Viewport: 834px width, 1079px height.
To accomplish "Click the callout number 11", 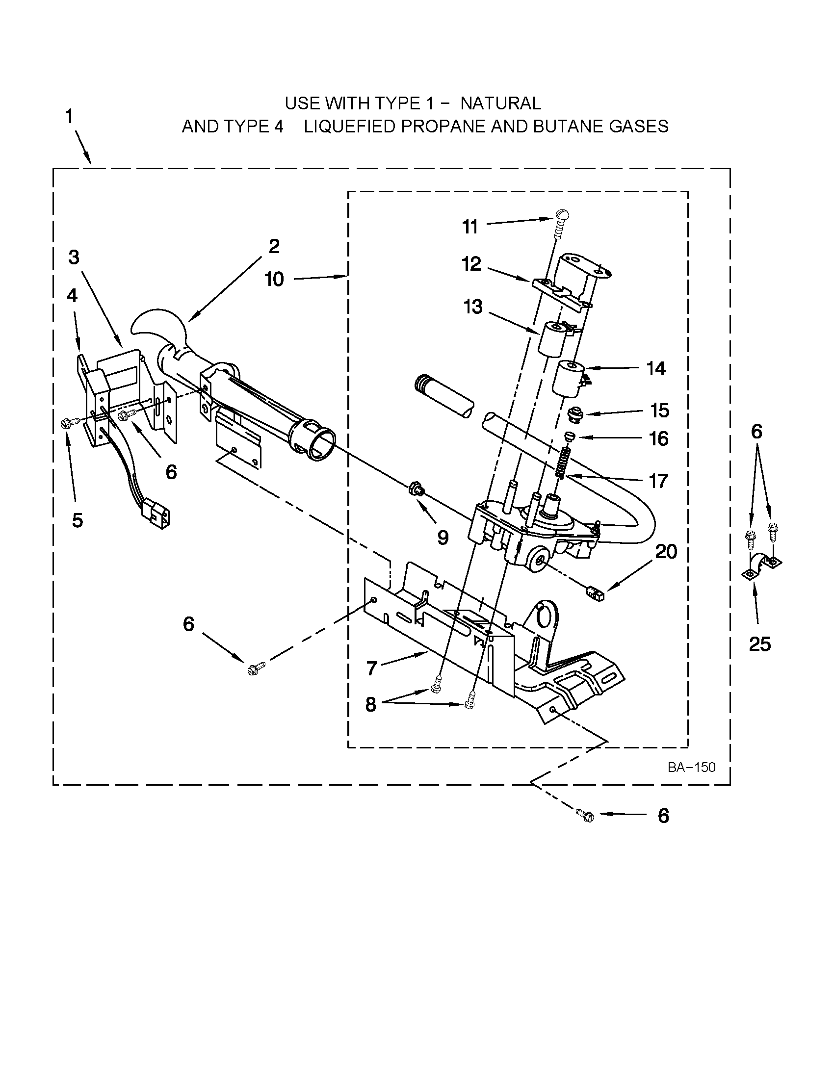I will point(470,227).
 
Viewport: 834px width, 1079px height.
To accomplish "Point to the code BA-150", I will point(691,767).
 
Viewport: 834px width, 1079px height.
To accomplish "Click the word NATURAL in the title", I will point(500,103).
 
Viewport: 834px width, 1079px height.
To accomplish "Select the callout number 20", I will point(666,551).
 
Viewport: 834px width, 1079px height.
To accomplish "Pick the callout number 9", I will point(443,538).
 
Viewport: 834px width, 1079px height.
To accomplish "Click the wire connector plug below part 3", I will point(157,514).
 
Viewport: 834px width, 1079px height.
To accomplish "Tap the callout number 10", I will point(274,280).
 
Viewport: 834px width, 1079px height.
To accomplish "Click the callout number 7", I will point(372,668).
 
